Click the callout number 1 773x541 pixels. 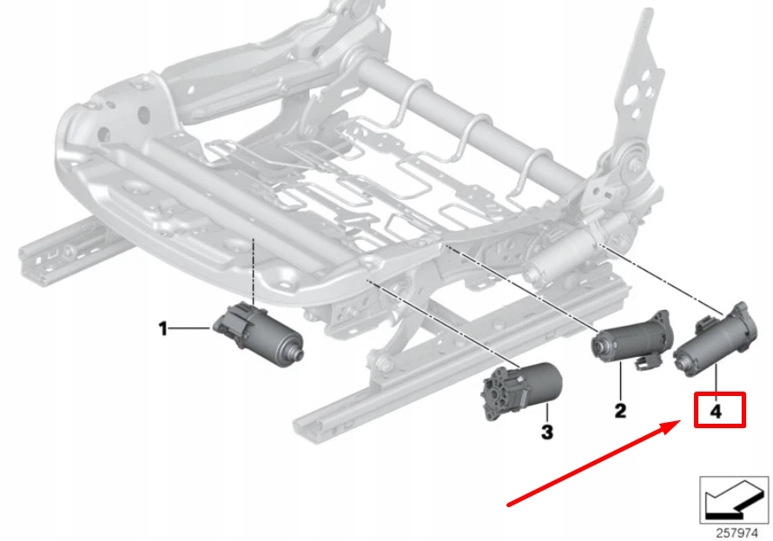point(162,328)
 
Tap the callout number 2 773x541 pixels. point(620,410)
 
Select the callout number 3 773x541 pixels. point(546,431)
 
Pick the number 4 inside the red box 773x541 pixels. point(717,412)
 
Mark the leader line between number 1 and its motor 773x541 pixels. point(189,328)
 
